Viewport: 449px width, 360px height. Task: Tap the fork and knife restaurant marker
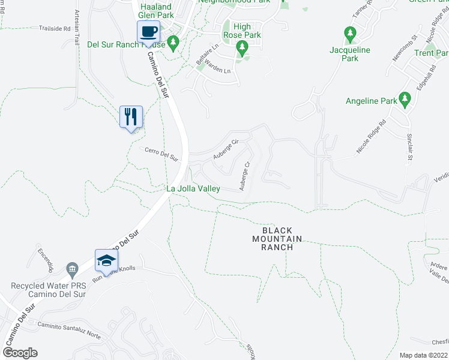(131, 116)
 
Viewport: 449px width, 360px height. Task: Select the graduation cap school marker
(106, 259)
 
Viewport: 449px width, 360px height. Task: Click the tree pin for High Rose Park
(242, 47)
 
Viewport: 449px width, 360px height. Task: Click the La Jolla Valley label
(193, 188)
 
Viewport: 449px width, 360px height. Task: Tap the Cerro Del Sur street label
(162, 154)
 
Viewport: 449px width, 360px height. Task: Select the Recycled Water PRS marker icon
(73, 267)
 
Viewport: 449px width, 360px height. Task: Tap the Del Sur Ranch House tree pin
(173, 42)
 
